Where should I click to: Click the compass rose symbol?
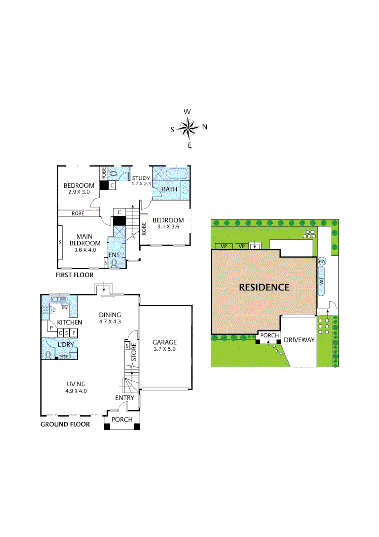[188, 128]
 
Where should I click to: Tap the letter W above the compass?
[187, 112]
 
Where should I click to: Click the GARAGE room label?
[164, 342]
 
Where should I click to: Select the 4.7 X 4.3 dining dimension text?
[110, 321]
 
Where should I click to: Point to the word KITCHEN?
[69, 323]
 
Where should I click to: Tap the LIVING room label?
[76, 384]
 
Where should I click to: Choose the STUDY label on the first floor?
[141, 178]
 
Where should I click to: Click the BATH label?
[169, 189]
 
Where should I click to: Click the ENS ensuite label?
[115, 255]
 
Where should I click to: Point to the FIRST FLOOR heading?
[75, 275]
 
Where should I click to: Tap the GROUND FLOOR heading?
[65, 424]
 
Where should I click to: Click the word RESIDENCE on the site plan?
[264, 287]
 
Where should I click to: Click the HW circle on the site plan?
[322, 261]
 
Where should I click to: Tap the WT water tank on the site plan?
[322, 281]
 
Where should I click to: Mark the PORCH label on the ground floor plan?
[122, 420]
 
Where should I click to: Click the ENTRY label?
[124, 398]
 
